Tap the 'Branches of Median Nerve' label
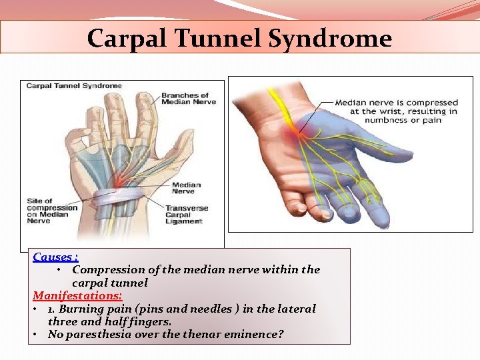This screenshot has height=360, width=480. pyautogui.click(x=185, y=99)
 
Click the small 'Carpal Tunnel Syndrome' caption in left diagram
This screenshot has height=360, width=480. pyautogui.click(x=74, y=86)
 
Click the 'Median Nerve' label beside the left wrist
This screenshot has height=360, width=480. pyautogui.click(x=186, y=189)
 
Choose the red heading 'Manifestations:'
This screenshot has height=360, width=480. pyautogui.click(x=77, y=295)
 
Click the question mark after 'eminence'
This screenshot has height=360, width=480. pyautogui.click(x=280, y=334)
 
